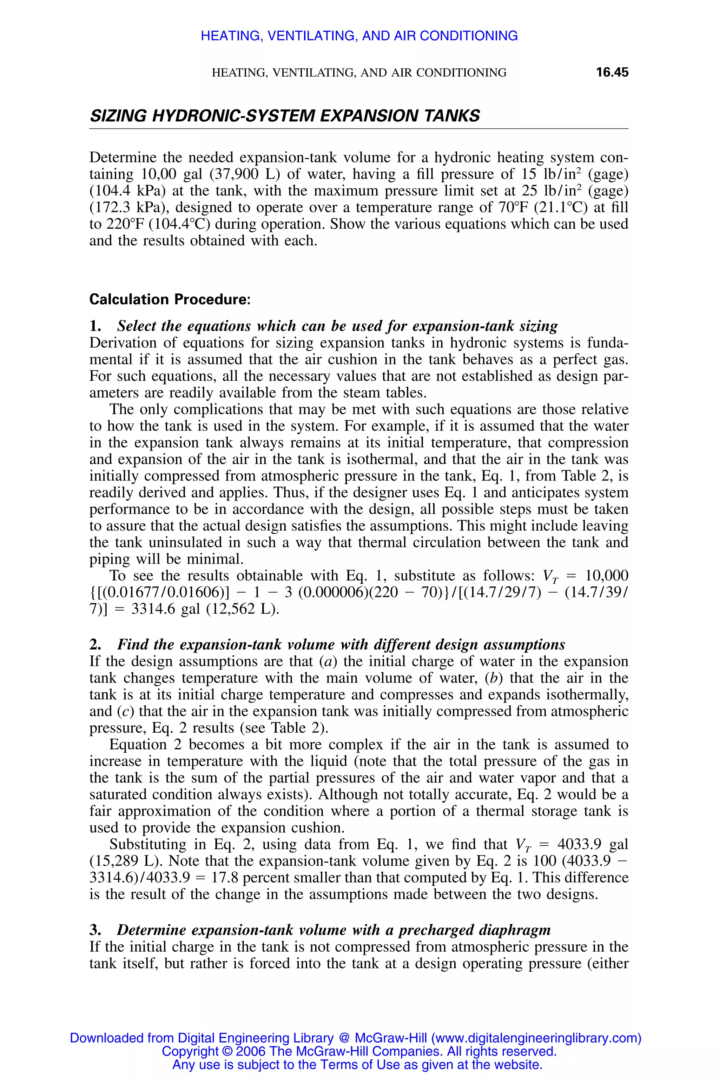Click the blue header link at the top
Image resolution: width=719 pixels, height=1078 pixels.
click(x=359, y=36)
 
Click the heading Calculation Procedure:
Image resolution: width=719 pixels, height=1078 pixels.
click(x=170, y=299)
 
